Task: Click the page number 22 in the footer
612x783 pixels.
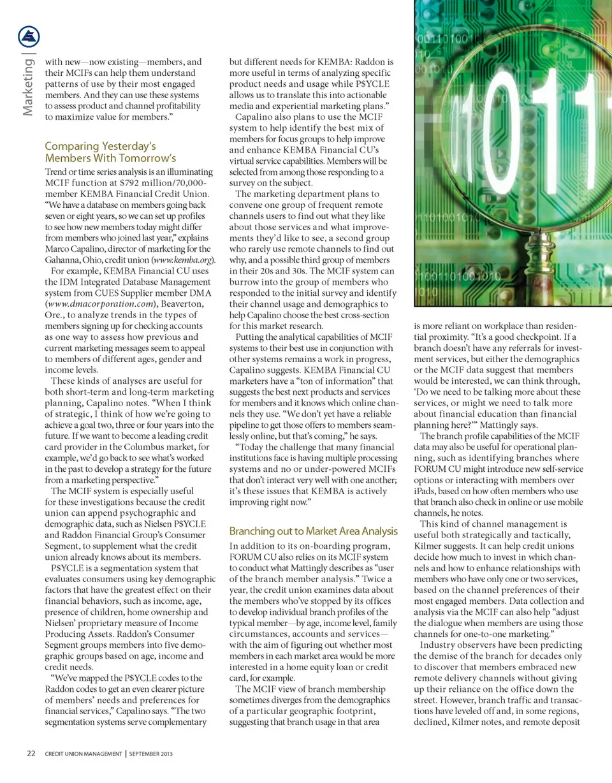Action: click(31, 754)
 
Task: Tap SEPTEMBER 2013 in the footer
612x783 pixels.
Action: click(150, 754)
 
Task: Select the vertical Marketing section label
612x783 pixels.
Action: click(29, 86)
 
